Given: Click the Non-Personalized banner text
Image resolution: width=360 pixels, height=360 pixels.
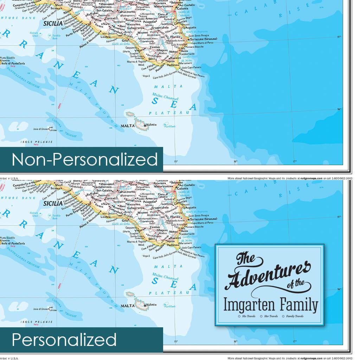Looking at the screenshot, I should click(84, 159).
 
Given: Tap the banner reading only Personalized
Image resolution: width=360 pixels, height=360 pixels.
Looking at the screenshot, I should click(64, 340).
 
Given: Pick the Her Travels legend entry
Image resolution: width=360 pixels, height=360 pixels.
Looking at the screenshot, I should click(269, 316).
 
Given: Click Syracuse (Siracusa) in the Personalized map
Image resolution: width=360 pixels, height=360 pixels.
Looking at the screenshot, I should click(205, 219).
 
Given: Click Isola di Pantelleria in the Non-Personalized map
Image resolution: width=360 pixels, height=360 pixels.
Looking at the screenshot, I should click(12, 63).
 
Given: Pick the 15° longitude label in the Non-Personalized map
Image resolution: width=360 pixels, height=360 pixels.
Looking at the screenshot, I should click(176, 161).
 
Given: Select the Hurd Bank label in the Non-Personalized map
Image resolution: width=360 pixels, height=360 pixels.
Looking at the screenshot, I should click(171, 126).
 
